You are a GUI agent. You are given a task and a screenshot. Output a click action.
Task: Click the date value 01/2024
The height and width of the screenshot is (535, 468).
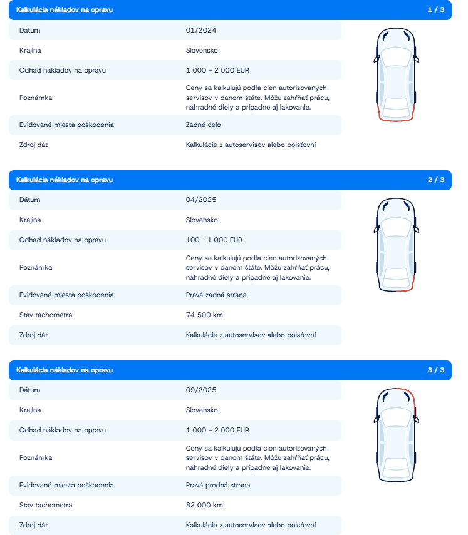click(201, 30)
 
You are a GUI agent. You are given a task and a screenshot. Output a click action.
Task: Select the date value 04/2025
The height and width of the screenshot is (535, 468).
click(201, 200)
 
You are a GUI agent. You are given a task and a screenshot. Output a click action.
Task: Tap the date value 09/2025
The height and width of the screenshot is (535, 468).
click(201, 390)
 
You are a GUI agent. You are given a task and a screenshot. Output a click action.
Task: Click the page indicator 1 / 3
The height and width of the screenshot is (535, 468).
click(435, 10)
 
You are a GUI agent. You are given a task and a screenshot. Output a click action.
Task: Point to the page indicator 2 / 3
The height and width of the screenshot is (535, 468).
click(435, 180)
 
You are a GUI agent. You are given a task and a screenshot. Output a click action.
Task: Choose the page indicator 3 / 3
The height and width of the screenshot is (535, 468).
click(435, 370)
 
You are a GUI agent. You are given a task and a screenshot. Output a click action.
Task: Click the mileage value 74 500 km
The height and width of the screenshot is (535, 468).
click(204, 315)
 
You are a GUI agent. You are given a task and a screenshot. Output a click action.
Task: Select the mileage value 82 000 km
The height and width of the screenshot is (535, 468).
click(204, 506)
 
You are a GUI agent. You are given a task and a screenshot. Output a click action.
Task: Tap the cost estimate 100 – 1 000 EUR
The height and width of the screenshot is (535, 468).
click(214, 240)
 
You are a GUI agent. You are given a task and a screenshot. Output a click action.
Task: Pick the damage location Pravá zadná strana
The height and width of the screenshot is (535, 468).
click(216, 295)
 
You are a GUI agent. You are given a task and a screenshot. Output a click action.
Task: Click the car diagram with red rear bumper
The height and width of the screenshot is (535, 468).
click(395, 75)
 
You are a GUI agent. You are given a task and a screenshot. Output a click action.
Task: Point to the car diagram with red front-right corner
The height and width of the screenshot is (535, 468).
click(395, 435)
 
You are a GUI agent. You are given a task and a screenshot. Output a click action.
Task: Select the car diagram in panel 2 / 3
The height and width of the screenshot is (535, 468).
click(395, 245)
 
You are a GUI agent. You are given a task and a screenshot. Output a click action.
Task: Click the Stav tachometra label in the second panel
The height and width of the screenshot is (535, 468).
click(46, 315)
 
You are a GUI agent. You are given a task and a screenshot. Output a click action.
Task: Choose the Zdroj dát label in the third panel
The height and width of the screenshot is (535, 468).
click(34, 526)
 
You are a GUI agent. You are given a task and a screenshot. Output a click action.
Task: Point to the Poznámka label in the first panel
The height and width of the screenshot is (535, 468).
click(36, 98)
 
